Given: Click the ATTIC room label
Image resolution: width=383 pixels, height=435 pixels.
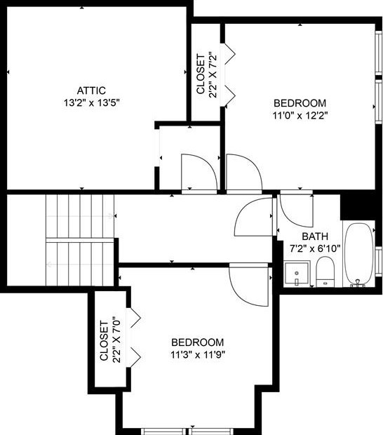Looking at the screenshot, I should click(91, 90).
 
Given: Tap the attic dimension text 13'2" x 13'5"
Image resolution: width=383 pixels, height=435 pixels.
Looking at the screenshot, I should click(91, 102).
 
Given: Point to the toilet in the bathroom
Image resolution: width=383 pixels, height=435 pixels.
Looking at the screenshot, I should click(325, 272).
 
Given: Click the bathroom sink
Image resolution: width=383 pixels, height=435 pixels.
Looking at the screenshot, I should click(297, 272).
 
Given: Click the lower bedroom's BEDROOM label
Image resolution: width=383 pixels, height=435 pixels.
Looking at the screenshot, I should click(198, 342).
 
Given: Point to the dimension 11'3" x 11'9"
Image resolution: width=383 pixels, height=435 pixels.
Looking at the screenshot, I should click(198, 354).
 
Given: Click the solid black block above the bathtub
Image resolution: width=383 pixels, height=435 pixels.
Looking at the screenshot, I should click(358, 206).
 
